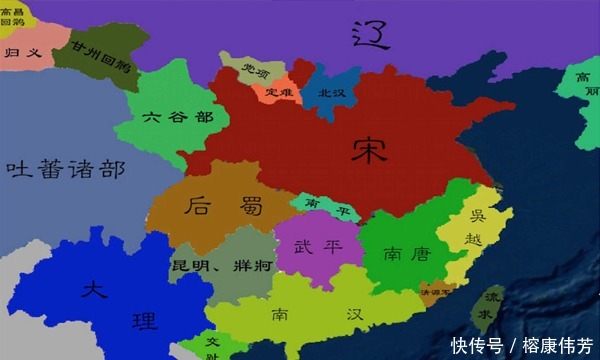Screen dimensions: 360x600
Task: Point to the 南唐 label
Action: [x=405, y=254]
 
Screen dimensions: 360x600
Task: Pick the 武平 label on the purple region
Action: [x=315, y=248]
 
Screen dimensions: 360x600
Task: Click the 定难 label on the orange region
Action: [x=280, y=93]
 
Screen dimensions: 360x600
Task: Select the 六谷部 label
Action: [x=178, y=117]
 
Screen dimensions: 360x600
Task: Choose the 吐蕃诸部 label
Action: [x=65, y=168]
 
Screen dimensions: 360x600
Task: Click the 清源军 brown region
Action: [x=437, y=293]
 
